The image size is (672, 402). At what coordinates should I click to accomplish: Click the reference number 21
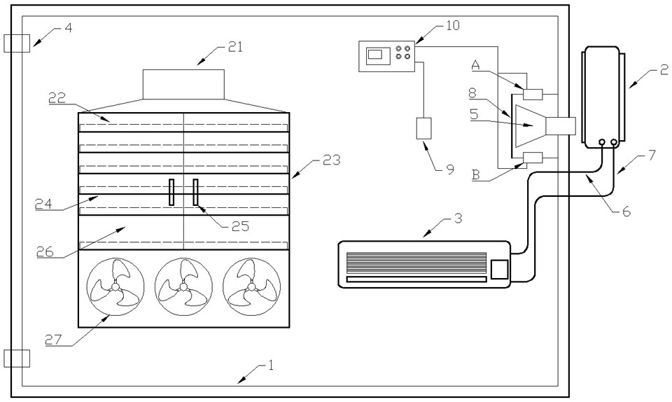pyautogui.click(x=235, y=47)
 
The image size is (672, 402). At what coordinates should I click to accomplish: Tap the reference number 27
pyautogui.click(x=54, y=340)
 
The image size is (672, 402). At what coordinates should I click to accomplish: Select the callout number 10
pyautogui.click(x=453, y=25)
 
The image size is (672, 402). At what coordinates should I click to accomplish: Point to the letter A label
pyautogui.click(x=475, y=64)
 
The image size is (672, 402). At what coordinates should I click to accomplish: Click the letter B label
pyautogui.click(x=475, y=174)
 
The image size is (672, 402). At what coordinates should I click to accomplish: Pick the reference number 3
pyautogui.click(x=458, y=218)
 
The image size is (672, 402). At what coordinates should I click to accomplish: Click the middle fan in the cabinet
pyautogui.click(x=183, y=286)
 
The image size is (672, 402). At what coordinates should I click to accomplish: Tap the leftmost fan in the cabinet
pyautogui.click(x=115, y=286)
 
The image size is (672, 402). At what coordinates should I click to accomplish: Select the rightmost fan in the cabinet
pyautogui.click(x=251, y=286)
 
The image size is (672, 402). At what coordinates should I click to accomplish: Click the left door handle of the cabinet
pyautogui.click(x=171, y=192)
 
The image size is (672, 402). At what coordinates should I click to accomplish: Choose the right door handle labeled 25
pyautogui.click(x=196, y=192)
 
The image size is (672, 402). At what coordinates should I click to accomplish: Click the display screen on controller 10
pyautogui.click(x=377, y=56)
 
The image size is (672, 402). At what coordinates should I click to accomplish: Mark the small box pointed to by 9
pyautogui.click(x=424, y=128)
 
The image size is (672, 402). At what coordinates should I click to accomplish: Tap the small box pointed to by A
pyautogui.click(x=533, y=93)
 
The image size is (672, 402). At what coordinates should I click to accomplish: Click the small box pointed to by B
pyautogui.click(x=533, y=158)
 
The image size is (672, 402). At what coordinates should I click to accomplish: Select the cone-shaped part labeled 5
pyautogui.click(x=530, y=125)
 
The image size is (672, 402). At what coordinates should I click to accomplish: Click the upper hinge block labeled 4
pyautogui.click(x=17, y=43)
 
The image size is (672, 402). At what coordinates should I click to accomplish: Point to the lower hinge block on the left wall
pyautogui.click(x=17, y=359)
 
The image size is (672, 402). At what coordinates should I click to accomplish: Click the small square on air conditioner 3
pyautogui.click(x=499, y=269)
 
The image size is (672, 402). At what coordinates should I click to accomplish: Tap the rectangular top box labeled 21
pyautogui.click(x=183, y=84)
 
